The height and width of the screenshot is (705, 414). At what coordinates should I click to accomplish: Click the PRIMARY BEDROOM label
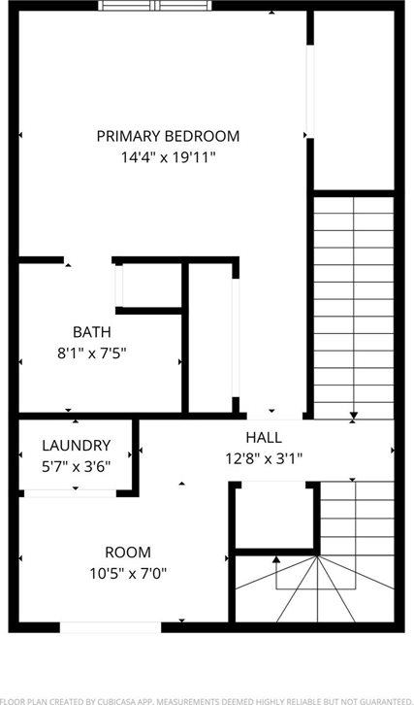click(168, 136)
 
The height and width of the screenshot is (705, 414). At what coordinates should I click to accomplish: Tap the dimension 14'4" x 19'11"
click(168, 156)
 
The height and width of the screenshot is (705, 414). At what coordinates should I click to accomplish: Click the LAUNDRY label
click(76, 446)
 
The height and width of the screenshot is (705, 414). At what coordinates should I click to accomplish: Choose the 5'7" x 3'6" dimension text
click(76, 465)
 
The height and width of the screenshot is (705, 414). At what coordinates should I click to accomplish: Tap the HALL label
click(264, 437)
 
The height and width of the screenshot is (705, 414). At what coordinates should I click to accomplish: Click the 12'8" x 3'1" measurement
click(264, 457)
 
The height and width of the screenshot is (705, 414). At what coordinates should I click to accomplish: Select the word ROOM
click(128, 552)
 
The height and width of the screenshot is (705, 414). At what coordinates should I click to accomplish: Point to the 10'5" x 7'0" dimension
click(128, 572)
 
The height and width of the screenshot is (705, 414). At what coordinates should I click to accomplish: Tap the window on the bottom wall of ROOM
click(111, 627)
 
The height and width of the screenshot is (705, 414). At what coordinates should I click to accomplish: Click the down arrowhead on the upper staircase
click(354, 416)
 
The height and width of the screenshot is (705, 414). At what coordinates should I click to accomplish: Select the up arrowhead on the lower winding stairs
click(276, 559)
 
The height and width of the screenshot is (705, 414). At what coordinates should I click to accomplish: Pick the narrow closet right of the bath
click(210, 335)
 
